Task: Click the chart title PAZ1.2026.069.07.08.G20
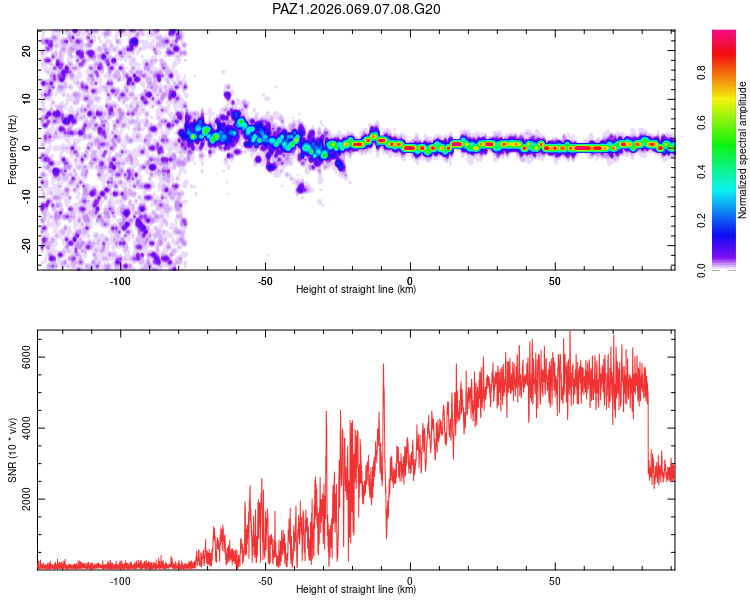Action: pyautogui.click(x=357, y=10)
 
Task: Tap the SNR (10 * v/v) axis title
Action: pyautogui.click(x=12, y=449)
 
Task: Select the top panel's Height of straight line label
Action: pyautogui.click(x=356, y=290)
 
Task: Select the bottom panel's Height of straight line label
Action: pyautogui.click(x=356, y=590)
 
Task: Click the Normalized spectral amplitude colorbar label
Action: pyautogui.click(x=742, y=150)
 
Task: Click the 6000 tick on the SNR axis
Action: pyautogui.click(x=28, y=358)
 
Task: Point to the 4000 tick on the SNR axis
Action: pyautogui.click(x=28, y=429)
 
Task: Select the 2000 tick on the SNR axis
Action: pyautogui.click(x=28, y=500)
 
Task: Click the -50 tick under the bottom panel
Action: pyautogui.click(x=265, y=579)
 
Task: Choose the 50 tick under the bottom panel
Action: pyautogui.click(x=554, y=579)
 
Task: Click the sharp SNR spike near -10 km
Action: pyautogui.click(x=383, y=366)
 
